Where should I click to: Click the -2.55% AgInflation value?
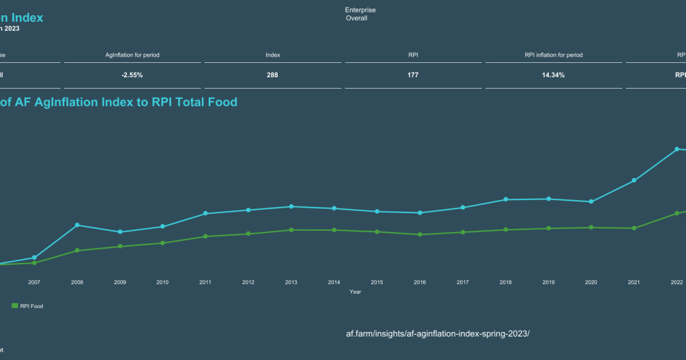coord(132,75)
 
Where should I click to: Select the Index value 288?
coord(273,75)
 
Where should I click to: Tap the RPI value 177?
coord(413,75)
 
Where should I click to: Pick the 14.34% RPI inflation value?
coord(553,75)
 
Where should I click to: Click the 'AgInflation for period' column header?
coord(132,55)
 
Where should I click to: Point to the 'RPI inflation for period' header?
coord(553,55)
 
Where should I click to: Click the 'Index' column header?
coord(273,55)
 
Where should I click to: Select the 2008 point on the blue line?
coord(77,225)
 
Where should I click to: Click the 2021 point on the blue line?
coord(634,181)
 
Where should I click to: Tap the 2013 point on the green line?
coord(291,230)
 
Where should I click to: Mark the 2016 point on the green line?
coord(420,234)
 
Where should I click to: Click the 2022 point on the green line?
coord(677,213)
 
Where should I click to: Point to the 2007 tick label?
coord(34,282)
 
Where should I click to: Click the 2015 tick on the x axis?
coord(377,282)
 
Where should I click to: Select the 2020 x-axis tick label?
coord(591,282)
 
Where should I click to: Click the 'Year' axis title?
coord(356,292)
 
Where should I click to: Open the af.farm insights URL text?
coord(438,333)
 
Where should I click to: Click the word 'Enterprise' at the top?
coord(360,10)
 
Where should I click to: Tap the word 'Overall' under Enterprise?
coord(357,18)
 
